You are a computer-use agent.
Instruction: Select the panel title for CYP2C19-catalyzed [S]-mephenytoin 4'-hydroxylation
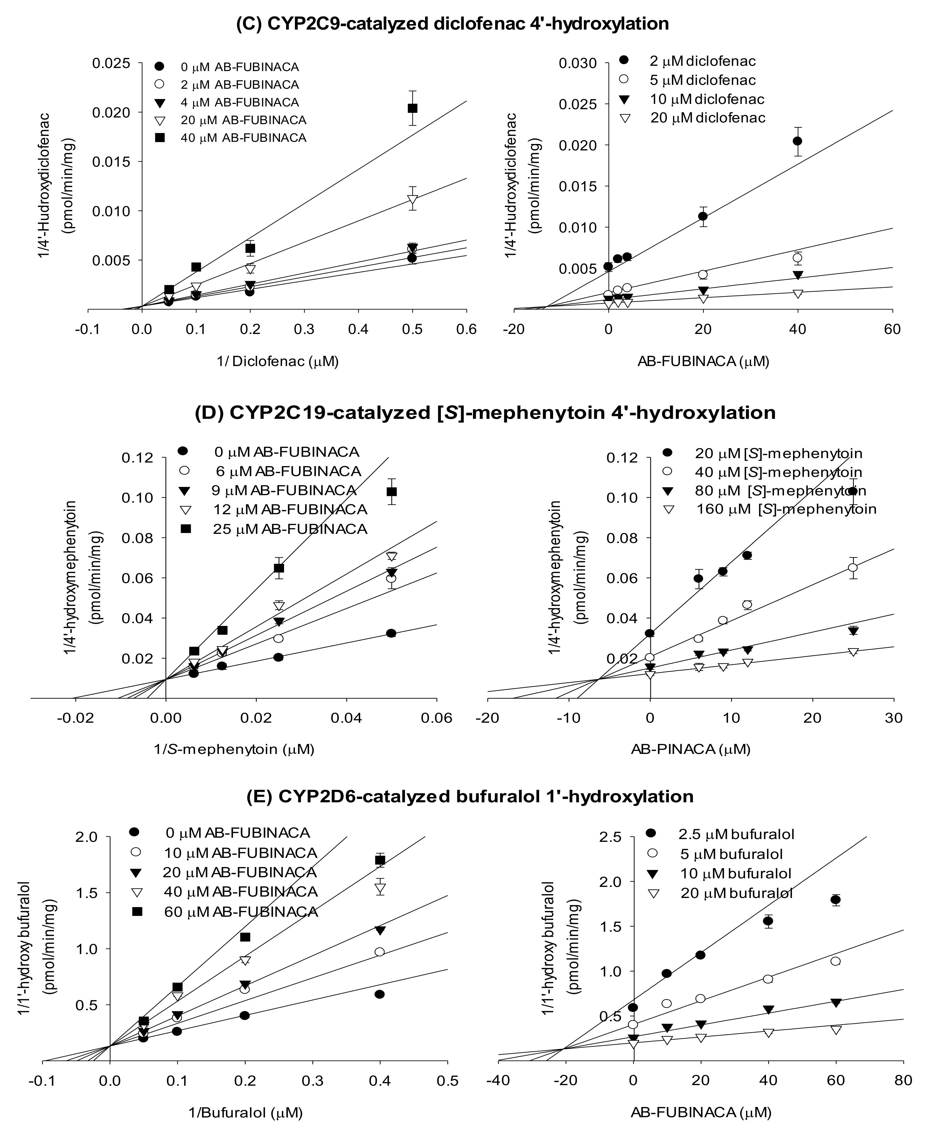[485, 413]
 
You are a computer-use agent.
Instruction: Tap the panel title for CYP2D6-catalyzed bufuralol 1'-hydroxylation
[469, 796]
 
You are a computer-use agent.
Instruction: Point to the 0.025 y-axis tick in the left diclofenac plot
[111, 63]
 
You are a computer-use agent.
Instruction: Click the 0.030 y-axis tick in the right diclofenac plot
[578, 63]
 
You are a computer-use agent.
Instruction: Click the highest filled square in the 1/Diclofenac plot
[412, 108]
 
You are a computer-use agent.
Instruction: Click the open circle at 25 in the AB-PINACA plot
[853, 568]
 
